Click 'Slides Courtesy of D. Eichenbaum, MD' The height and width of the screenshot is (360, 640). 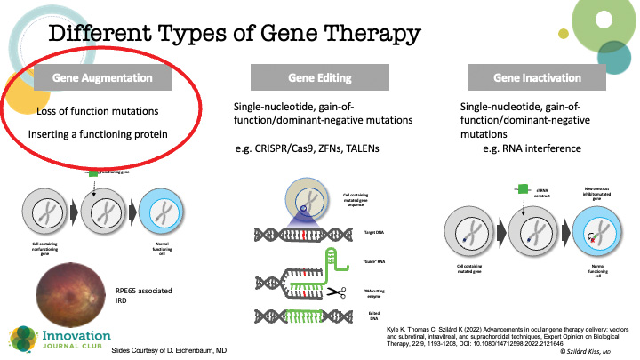(177, 351)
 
